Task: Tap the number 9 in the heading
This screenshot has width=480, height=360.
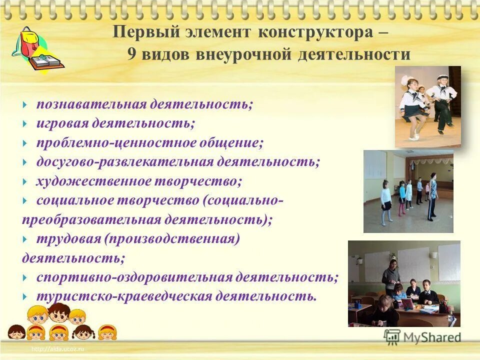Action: tap(131, 54)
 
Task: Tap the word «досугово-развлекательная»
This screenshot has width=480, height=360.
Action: tap(124, 162)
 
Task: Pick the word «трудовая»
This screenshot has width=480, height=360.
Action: tap(68, 239)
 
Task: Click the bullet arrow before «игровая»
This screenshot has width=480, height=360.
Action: tap(25, 123)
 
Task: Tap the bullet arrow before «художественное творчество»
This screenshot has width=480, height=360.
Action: tap(25, 181)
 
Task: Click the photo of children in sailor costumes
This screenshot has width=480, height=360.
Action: tap(427, 106)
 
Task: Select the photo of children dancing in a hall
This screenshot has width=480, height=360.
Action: tap(408, 191)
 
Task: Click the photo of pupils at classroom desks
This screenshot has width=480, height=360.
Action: tap(404, 283)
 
